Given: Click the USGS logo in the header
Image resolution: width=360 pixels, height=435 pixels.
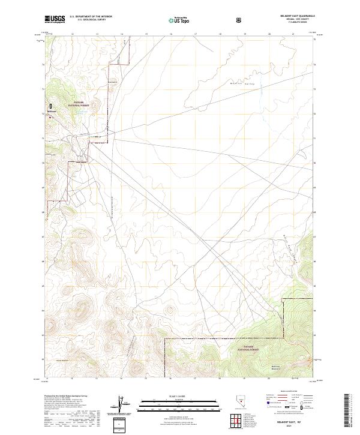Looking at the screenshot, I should (x=55, y=19).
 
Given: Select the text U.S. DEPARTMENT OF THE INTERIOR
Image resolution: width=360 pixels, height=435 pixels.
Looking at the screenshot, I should (x=91, y=16).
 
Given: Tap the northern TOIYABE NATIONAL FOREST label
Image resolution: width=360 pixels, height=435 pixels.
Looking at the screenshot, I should (x=82, y=104).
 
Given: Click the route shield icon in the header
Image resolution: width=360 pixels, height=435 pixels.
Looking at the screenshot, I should (x=239, y=20).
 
